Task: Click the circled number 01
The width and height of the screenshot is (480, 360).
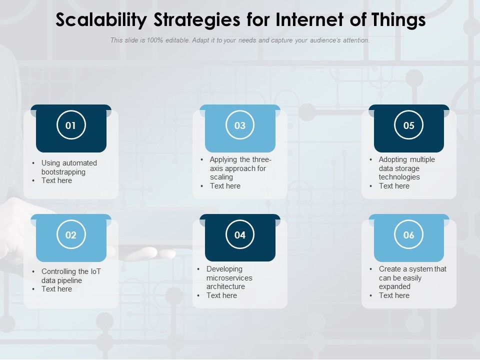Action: (71, 125)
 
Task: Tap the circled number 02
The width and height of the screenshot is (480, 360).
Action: (71, 235)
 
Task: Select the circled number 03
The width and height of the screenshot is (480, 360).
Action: (240, 125)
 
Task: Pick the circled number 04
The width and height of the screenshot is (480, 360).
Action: (240, 235)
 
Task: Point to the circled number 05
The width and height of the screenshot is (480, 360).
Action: (409, 125)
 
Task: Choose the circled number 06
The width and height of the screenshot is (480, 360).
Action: (409, 235)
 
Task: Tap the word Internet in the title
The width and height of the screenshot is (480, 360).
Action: (299, 20)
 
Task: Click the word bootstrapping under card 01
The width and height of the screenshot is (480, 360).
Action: (63, 172)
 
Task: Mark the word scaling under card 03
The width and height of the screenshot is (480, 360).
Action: (221, 177)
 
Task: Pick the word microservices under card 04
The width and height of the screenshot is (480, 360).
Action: (229, 278)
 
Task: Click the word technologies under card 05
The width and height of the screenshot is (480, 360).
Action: (399, 177)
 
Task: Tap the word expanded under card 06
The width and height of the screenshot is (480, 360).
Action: (394, 286)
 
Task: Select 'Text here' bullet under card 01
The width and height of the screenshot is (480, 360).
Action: (56, 180)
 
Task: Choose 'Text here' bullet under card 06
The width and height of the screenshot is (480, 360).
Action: (394, 295)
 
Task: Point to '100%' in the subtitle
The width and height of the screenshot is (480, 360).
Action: (155, 40)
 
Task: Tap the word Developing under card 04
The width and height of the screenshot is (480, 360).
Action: (224, 269)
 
